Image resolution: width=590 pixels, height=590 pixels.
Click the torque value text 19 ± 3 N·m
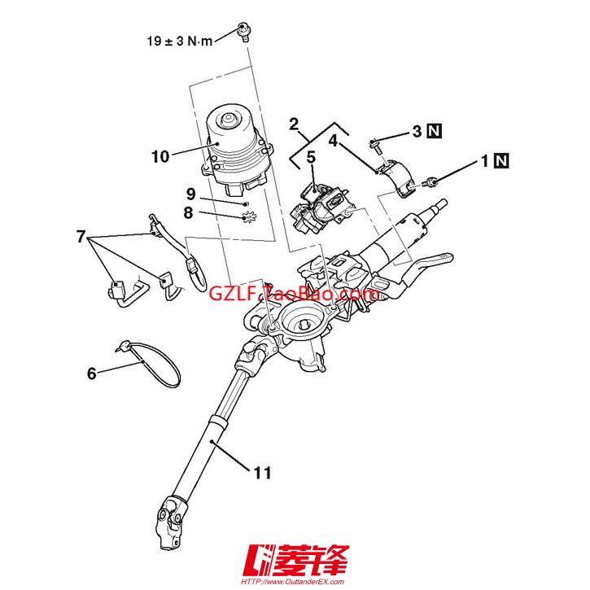180,41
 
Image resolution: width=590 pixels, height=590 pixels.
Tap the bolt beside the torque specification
245,32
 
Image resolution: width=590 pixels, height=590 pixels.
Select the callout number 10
160,156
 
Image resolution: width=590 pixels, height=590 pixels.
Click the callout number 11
263,473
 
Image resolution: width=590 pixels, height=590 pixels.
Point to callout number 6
92,374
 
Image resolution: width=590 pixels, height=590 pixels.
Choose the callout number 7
81,237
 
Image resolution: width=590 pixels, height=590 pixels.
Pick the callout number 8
188,212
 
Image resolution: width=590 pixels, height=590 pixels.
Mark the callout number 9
191,194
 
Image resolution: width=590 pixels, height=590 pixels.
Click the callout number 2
294,125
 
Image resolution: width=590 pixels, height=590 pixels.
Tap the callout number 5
311,157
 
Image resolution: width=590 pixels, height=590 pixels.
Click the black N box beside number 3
435,131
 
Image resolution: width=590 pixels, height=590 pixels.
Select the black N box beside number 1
501,161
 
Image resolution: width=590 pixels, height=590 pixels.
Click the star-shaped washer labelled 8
249,217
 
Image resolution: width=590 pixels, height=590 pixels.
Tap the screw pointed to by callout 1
429,183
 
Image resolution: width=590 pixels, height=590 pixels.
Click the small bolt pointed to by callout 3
375,146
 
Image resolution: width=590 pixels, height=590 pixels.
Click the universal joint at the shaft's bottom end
170,522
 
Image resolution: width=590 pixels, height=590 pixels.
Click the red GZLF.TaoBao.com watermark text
295,293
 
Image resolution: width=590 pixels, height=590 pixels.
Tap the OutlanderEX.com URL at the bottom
292,582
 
